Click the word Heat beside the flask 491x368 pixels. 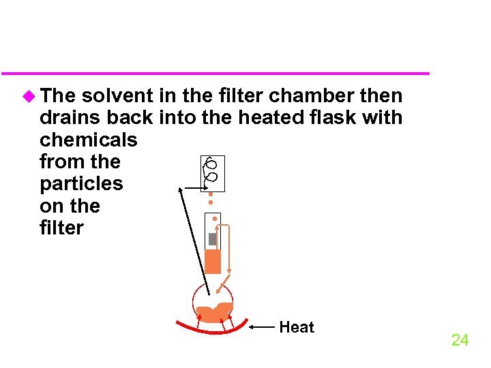pyautogui.click(x=297, y=327)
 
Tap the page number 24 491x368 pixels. pyautogui.click(x=460, y=340)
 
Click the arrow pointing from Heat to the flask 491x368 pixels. pyautogui.click(x=263, y=328)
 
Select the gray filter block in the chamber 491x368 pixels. pyautogui.click(x=212, y=239)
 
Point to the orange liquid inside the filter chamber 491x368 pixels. pyautogui.click(x=213, y=261)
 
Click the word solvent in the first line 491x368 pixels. pyautogui.click(x=117, y=95)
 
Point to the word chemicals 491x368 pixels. pyautogui.click(x=89, y=140)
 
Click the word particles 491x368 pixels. pyautogui.click(x=82, y=184)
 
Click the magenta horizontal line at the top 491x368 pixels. pyautogui.click(x=215, y=73)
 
